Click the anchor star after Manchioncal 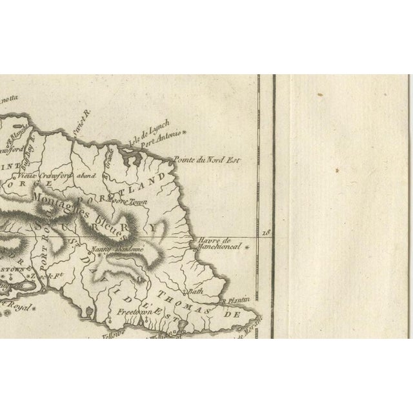244,246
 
